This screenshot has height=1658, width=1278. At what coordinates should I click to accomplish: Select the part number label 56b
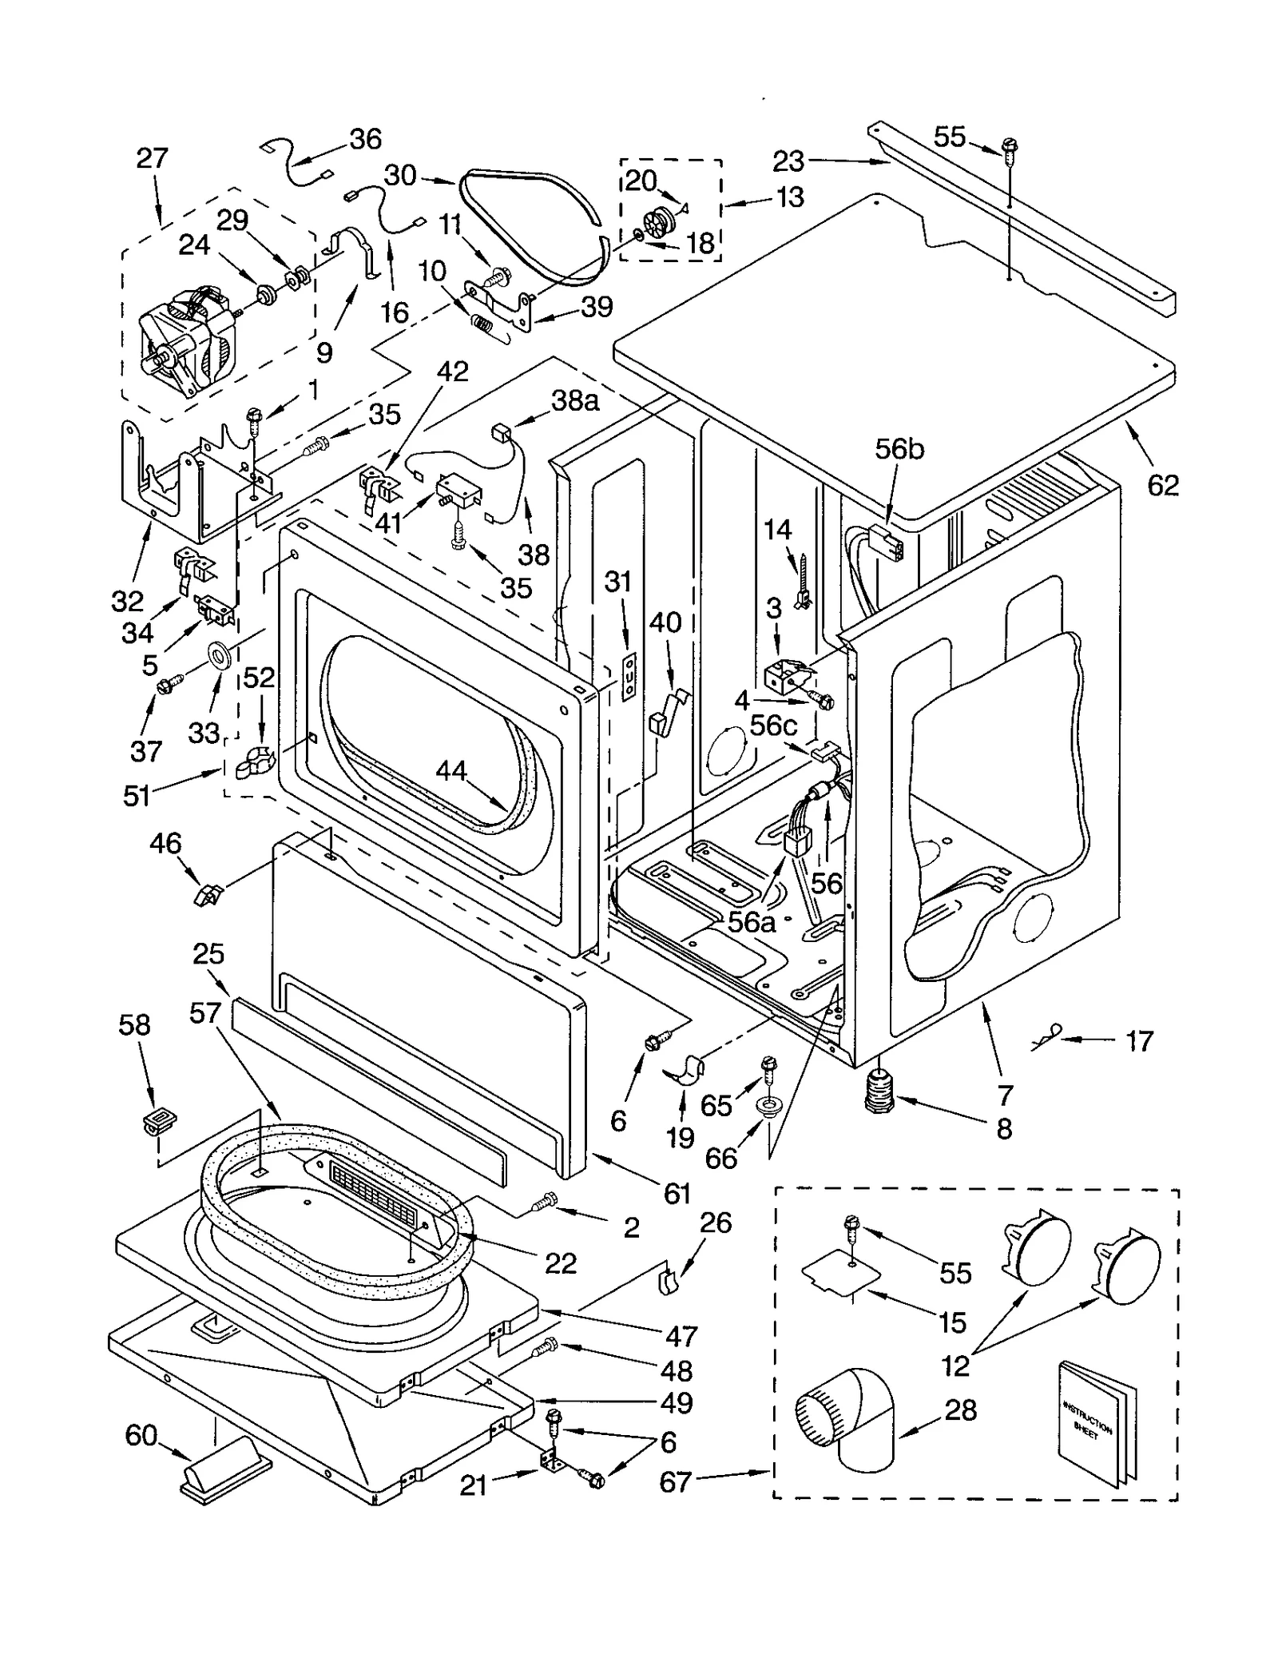(899, 449)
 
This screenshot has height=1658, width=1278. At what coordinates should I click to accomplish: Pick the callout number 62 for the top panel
(1162, 484)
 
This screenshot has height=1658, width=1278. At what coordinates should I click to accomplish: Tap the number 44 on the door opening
(451, 771)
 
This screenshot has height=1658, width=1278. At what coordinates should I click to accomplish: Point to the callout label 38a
(574, 400)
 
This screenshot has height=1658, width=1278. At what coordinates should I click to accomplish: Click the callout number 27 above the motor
(152, 158)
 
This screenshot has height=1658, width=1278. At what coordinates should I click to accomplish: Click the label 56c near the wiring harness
(774, 725)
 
